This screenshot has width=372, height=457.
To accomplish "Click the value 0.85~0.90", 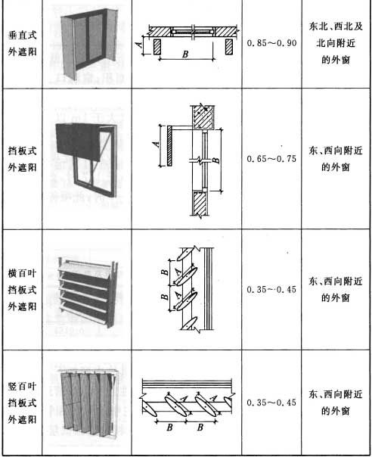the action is [271, 43].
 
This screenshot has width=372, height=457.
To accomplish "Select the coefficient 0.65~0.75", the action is [271, 159].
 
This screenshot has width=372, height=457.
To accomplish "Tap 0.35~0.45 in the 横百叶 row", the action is [271, 290].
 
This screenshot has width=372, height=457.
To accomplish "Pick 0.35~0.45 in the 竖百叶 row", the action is [271, 403].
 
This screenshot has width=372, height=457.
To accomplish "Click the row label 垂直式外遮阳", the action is [23, 44].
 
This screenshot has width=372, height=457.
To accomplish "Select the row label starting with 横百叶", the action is [23, 290].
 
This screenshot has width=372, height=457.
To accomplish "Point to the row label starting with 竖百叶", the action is [23, 403].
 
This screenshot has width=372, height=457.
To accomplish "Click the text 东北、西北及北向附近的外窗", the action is [336, 43].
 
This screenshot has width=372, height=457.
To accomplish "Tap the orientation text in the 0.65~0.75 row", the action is [336, 159].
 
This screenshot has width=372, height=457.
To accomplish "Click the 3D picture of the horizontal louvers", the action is [87, 292].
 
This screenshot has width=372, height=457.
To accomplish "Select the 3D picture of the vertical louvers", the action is [88, 403].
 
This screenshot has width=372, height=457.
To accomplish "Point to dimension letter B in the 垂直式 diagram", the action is [185, 54].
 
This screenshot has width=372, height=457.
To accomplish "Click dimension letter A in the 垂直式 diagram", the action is [139, 45].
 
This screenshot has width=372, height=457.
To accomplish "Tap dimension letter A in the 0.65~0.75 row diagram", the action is [157, 144].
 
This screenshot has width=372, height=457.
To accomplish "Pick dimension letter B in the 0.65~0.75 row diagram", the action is [216, 160].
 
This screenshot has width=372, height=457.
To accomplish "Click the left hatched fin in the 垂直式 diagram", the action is [157, 47].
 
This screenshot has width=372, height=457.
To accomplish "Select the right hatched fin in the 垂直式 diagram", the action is [229, 47].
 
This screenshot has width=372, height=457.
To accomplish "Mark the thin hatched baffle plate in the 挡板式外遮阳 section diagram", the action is [170, 146].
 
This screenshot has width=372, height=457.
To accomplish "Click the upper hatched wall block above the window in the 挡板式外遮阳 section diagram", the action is [203, 117].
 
